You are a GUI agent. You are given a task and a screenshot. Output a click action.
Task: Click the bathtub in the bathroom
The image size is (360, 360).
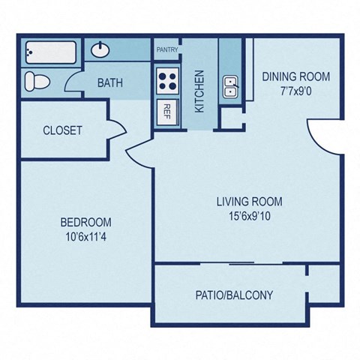(x=51, y=52)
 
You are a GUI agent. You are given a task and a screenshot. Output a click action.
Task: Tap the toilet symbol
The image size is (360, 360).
(x=37, y=82)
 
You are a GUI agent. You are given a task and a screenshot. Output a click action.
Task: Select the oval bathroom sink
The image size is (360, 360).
(x=100, y=49)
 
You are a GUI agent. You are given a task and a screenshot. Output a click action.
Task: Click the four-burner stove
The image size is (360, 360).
(x=167, y=81)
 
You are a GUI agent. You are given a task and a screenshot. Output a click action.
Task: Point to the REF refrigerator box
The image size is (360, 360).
(x=167, y=112)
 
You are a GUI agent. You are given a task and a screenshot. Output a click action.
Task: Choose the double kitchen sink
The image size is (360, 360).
(x=230, y=86)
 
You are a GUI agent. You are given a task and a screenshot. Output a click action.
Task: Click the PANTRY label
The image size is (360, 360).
(x=167, y=49)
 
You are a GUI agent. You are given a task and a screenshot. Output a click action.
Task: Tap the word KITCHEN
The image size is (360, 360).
(x=199, y=91)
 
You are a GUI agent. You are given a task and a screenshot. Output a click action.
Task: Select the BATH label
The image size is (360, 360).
(x=110, y=82)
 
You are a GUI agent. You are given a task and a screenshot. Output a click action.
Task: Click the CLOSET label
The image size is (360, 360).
(x=62, y=130)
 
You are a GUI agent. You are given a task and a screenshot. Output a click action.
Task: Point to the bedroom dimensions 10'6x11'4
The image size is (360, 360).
(x=85, y=236)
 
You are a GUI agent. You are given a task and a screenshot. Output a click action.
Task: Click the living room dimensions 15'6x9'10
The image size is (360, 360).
(x=250, y=216)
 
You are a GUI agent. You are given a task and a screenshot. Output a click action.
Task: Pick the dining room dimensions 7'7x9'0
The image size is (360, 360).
(x=296, y=91)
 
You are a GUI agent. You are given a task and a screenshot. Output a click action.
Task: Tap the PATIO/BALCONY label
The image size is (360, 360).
(x=234, y=295)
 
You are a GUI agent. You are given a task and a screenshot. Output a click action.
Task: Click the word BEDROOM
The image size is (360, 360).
(x=86, y=222)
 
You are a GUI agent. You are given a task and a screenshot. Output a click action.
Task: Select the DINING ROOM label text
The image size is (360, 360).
(x=296, y=76)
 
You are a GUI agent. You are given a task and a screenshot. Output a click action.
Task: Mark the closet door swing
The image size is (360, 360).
(x=118, y=130)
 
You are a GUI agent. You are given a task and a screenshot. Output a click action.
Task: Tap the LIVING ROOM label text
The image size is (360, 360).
(x=250, y=202)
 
